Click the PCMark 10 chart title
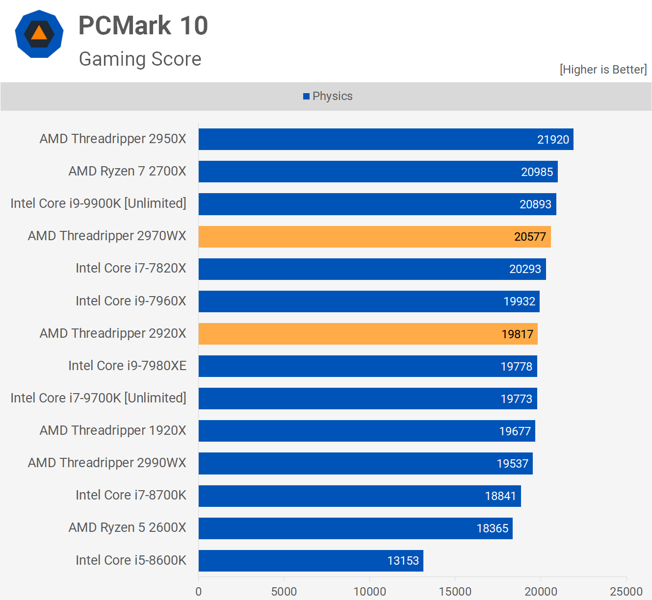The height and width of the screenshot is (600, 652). coord(143,25)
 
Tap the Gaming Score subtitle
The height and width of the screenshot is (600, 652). coord(140,59)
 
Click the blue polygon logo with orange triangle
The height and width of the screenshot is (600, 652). coord(39,34)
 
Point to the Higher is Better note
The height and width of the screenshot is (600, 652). coord(603,70)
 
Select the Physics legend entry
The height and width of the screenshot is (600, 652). coord(328,96)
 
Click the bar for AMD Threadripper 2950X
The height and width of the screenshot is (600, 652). coord(386,139)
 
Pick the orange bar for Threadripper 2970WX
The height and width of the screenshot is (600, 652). coord(374,237)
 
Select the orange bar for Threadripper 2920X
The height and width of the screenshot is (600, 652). coord(368,334)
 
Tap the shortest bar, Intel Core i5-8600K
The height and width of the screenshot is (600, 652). coord(311,560)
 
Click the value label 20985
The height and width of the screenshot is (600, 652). coord(537,172)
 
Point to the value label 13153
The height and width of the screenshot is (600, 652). coord(403,561)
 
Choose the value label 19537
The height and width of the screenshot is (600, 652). coord(512,464)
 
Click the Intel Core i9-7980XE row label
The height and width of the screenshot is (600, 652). coord(128,366)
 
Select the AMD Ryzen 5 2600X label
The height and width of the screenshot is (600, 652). coord(128,527)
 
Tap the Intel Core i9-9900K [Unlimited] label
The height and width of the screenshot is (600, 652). coord(99,203)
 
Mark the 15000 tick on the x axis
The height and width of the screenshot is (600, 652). coord(455,592)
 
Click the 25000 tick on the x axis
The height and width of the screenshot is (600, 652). coord(626,592)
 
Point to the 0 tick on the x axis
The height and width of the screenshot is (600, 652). coord(199,592)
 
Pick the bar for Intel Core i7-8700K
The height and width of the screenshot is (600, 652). coord(360,496)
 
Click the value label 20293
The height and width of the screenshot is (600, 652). coord(525,269)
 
